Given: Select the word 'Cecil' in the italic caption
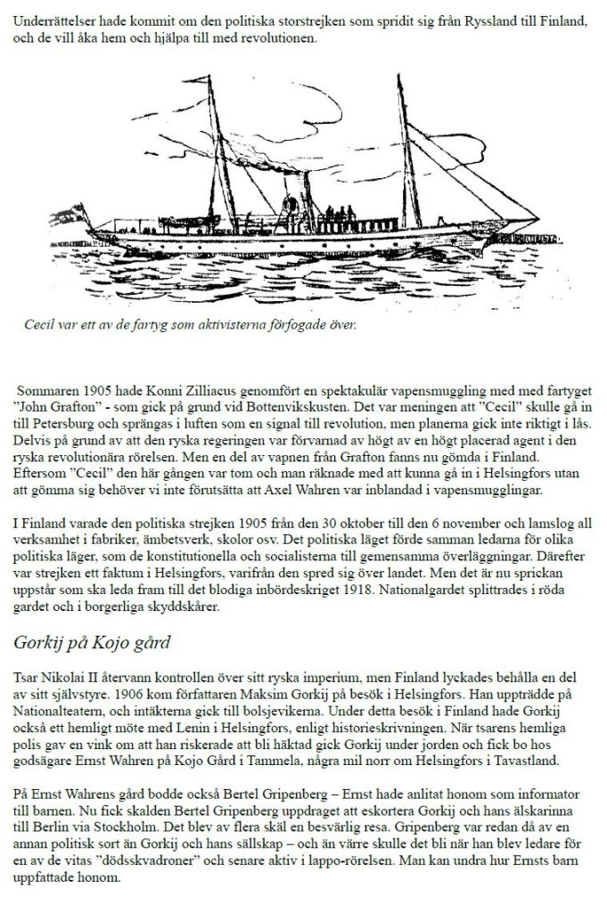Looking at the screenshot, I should (x=42, y=324).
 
